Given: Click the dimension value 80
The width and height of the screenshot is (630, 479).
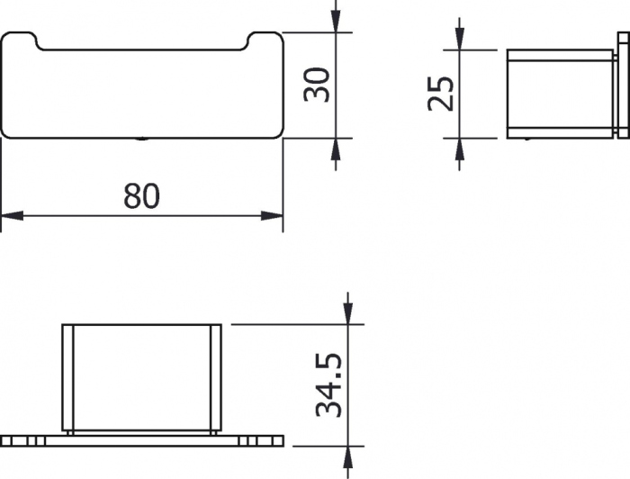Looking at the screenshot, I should pyautogui.click(x=141, y=194).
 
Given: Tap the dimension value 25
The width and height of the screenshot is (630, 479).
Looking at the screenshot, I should pyautogui.click(x=440, y=93).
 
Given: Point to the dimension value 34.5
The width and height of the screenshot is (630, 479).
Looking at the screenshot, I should pyautogui.click(x=329, y=384).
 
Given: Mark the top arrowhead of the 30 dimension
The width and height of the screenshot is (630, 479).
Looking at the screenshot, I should pyautogui.click(x=336, y=23).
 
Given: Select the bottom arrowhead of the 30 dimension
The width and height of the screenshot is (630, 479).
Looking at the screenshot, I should pyautogui.click(x=336, y=149).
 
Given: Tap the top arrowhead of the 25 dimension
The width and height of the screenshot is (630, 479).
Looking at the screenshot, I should pyautogui.click(x=459, y=39).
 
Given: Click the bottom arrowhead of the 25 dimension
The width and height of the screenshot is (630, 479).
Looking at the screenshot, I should pyautogui.click(x=459, y=149).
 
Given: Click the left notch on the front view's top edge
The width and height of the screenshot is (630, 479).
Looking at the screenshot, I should pyautogui.click(x=39, y=41).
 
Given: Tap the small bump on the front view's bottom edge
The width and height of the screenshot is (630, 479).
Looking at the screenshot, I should pyautogui.click(x=141, y=139).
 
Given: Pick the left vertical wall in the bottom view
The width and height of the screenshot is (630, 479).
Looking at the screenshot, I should pyautogui.click(x=67, y=378).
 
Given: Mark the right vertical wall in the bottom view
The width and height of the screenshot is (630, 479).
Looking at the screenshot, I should pyautogui.click(x=215, y=378).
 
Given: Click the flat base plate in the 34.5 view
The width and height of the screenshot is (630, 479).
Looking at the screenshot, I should pyautogui.click(x=141, y=441).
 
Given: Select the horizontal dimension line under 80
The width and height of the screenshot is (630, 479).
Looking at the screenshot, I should pyautogui.click(x=90, y=216).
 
